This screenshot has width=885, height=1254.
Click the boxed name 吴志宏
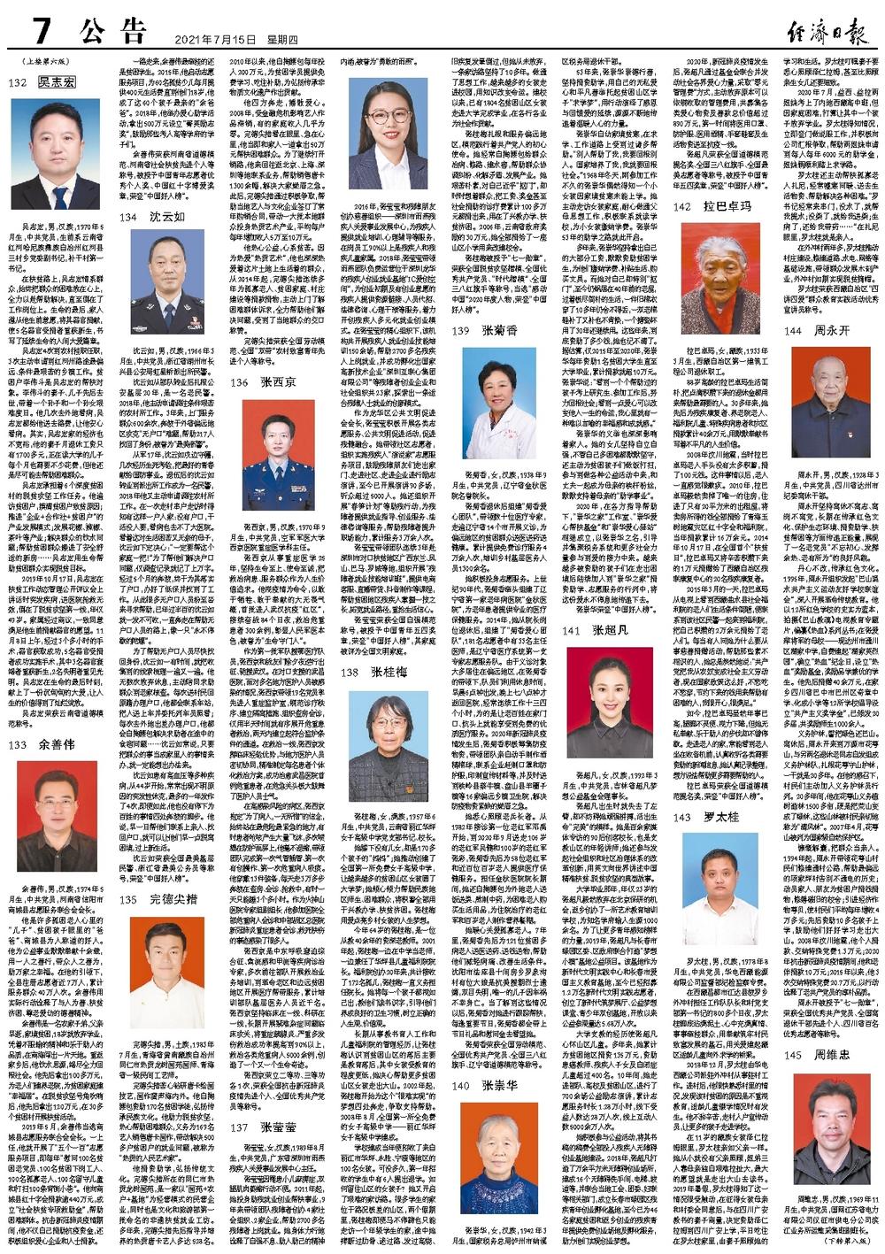56,83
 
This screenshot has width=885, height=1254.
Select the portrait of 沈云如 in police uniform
168,278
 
